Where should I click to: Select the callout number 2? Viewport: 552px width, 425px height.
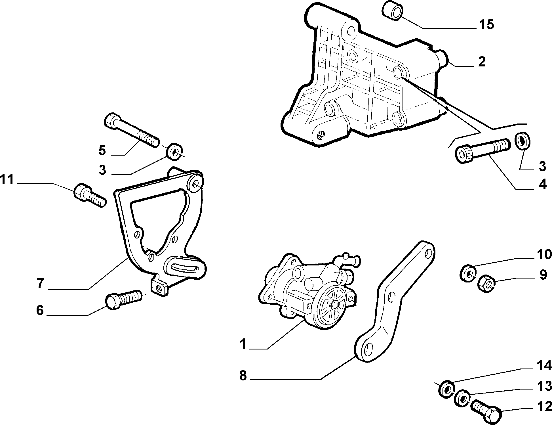coord(482,62)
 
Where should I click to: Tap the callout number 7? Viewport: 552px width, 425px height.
coord(40,283)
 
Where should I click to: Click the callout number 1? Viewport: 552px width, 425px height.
coord(243,344)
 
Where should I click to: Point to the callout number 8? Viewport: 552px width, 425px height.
coord(243,376)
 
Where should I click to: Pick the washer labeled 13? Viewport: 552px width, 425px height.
coord(462,399)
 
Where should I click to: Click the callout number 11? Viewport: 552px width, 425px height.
coord(7,179)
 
